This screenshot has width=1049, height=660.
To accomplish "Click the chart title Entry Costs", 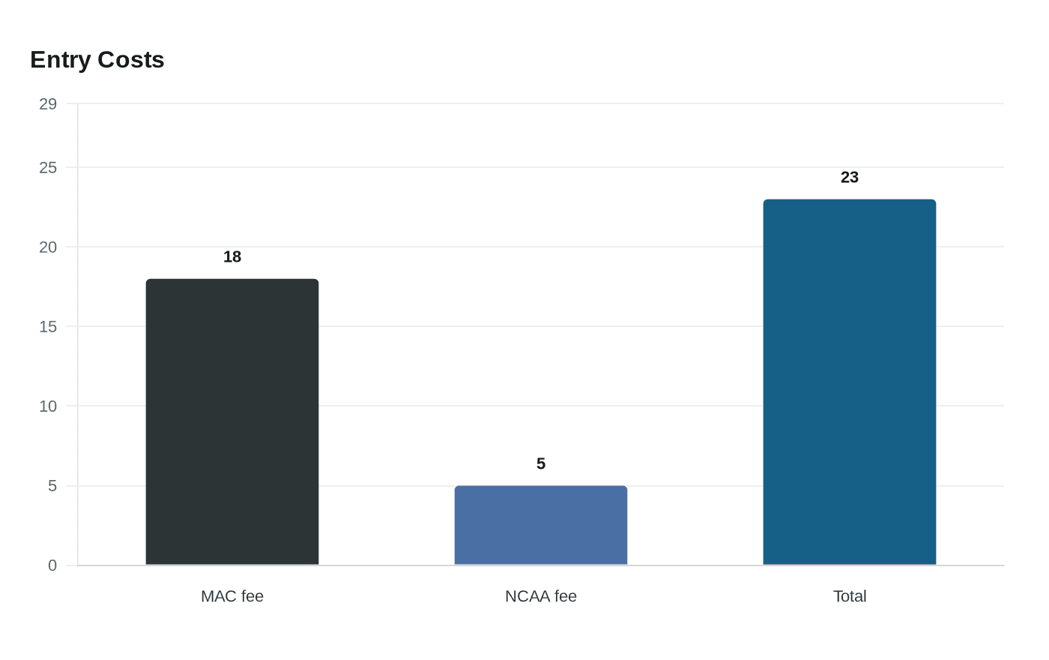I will (97, 60).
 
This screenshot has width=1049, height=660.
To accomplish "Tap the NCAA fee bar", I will (541, 525).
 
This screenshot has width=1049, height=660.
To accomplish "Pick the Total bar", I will (850, 382).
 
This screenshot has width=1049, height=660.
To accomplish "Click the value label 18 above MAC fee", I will (232, 257).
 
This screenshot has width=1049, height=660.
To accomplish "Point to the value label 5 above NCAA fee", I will (541, 464).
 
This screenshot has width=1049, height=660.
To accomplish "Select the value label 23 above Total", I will (850, 178).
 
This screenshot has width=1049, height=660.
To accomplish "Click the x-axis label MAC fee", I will (232, 596).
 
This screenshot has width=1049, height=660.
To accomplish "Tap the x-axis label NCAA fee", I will (541, 596).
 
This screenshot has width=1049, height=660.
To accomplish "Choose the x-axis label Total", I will (850, 596).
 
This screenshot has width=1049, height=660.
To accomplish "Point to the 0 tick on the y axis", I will (52, 565).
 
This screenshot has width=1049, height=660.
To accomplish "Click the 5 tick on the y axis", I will (52, 486).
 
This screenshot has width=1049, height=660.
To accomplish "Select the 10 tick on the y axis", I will (48, 406).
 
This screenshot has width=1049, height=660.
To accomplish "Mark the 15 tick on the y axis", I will (48, 327).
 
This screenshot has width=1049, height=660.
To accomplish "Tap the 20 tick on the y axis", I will (48, 247).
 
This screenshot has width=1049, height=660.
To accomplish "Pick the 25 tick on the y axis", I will (48, 168).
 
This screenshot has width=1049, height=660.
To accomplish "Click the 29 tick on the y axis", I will (48, 104).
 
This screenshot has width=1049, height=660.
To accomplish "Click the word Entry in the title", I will (61, 60).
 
